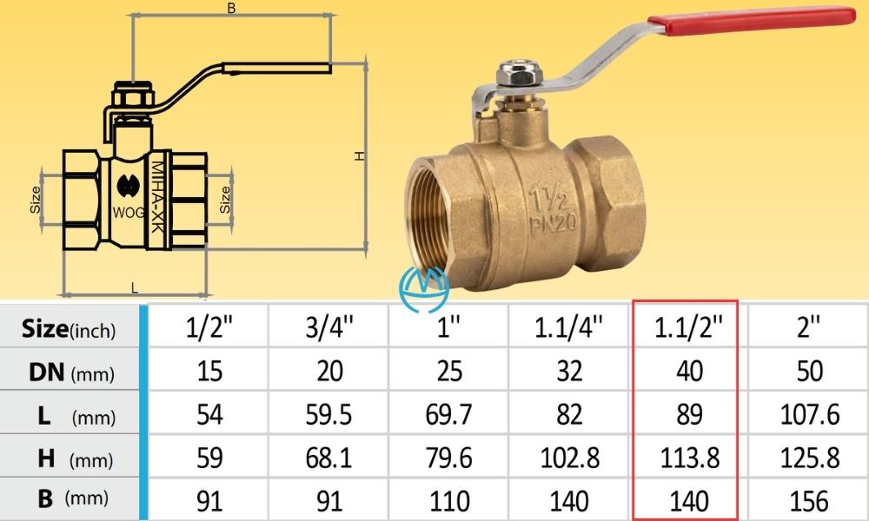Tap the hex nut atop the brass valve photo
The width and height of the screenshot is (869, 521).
(x=513, y=76)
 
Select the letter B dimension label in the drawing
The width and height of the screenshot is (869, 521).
(x=231, y=8)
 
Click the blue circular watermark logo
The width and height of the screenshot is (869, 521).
(x=426, y=287)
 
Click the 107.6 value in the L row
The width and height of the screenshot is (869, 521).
(x=809, y=415)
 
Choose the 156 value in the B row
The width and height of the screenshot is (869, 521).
(x=809, y=500)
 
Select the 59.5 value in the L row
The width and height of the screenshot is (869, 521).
(x=329, y=415)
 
